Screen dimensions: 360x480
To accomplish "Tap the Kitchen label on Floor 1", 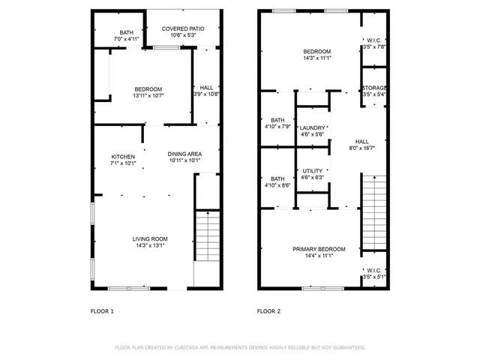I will pos(123,156).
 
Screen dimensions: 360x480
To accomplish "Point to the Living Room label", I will pos(150,238).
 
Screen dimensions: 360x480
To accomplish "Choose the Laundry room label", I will pos(312,128).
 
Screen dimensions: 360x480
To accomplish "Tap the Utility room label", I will pos(312,171).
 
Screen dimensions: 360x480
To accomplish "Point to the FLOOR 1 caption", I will pos(101,310).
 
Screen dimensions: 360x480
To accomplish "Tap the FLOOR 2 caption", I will pos(268,310).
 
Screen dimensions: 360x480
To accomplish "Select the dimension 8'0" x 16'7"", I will pos(362,148).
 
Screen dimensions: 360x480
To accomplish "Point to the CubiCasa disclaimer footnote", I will pos(239,347).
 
